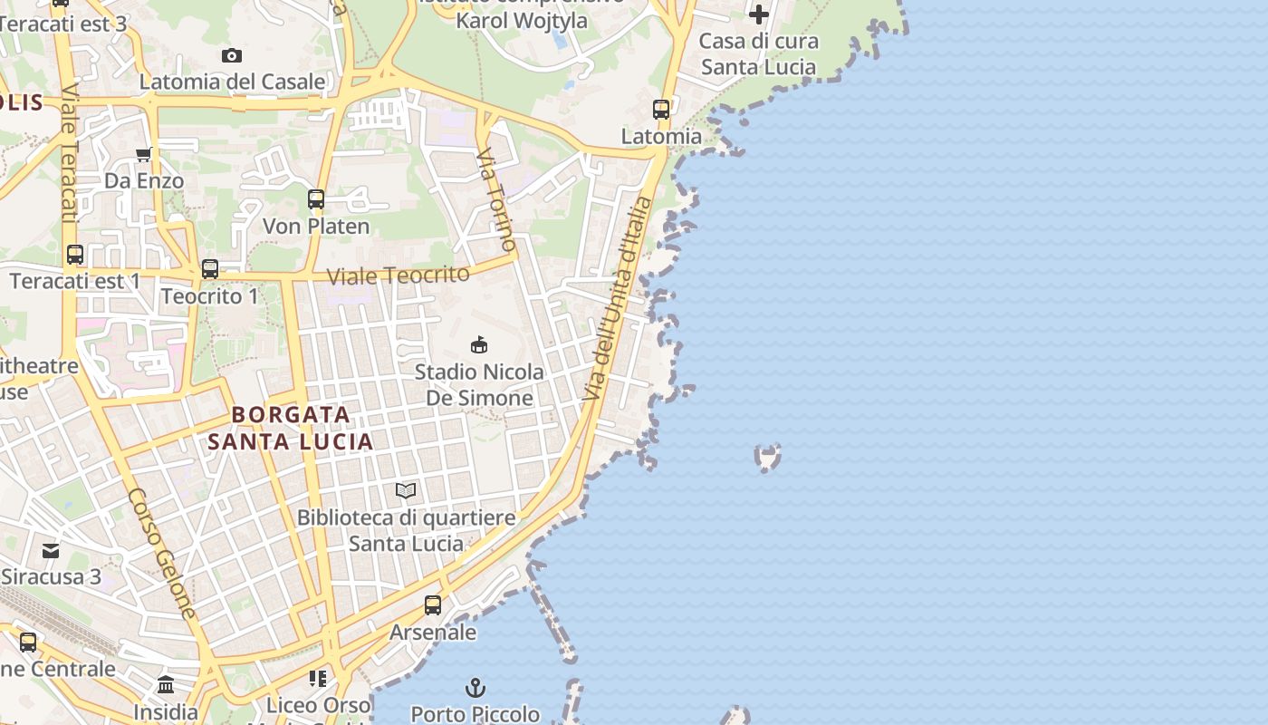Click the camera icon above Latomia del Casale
(232, 56)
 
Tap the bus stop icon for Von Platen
(316, 199)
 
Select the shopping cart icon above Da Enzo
(143, 155)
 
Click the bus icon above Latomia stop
(661, 110)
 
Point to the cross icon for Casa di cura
(759, 14)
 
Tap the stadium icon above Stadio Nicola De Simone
(479, 344)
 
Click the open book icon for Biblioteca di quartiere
(406, 491)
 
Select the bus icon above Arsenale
(433, 604)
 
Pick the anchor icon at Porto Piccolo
(475, 688)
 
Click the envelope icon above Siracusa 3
(51, 550)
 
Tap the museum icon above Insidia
(166, 685)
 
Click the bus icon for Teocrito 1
(210, 269)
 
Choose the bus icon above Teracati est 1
(75, 255)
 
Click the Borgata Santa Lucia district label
(290, 428)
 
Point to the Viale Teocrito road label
(398, 275)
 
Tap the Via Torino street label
(496, 200)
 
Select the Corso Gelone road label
(163, 554)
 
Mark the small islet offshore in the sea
(768, 458)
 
